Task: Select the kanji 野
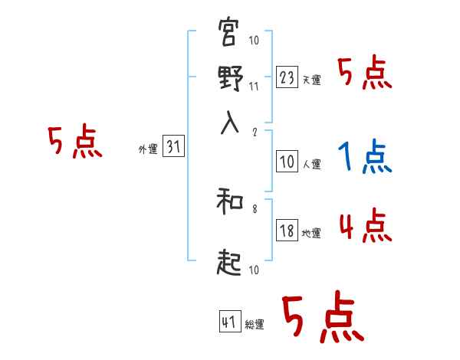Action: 230,79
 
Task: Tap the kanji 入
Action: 230,123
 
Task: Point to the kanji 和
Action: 230,203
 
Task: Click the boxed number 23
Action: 287,77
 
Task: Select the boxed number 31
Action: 173,148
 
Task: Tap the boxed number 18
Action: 287,231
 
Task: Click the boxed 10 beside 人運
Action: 287,162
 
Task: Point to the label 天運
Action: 311,80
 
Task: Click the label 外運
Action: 148,150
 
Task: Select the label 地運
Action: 311,234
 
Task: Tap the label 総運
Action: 254,325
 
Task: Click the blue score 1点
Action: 364,158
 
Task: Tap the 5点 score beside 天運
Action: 365,74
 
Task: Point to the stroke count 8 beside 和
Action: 254,207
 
